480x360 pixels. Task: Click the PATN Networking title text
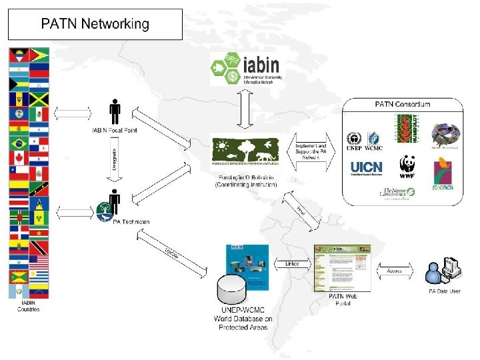pos(95,25)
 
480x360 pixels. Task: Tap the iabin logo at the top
pos(245,67)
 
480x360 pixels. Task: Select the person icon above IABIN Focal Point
pos(115,111)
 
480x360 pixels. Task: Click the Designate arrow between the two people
pos(115,160)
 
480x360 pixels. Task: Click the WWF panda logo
pos(407,167)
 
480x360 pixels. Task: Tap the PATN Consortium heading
pos(403,104)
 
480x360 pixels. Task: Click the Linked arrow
pos(292,265)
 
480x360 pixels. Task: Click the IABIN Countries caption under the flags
pos(29,306)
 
